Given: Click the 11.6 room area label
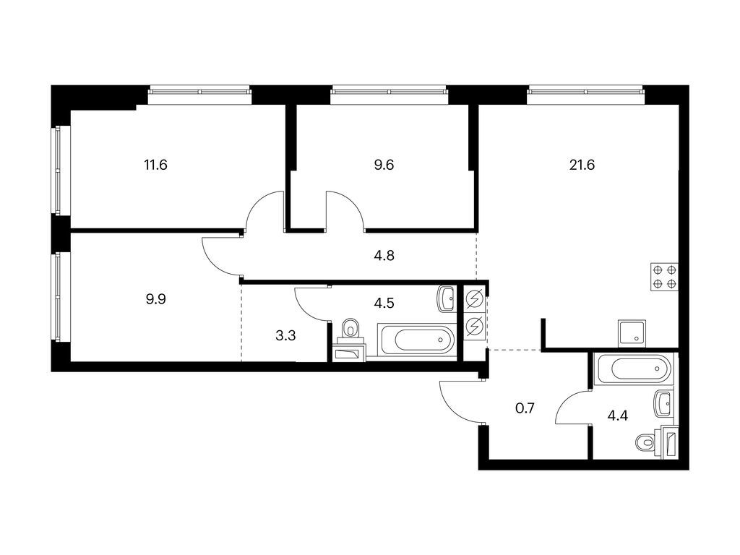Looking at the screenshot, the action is click(x=156, y=165).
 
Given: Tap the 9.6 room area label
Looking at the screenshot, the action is click(x=384, y=165).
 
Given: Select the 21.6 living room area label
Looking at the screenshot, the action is click(x=582, y=165).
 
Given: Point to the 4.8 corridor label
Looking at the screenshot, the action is click(x=384, y=256).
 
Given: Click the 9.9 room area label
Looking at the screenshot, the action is click(x=156, y=299).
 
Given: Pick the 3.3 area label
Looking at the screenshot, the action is click(x=285, y=335).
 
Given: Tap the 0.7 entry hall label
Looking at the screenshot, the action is click(x=525, y=408).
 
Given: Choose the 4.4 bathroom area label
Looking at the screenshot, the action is click(x=617, y=416).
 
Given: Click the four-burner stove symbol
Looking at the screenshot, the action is click(x=665, y=277).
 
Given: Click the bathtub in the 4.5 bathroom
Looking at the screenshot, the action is click(x=417, y=340).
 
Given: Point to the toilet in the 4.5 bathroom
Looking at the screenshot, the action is click(x=350, y=329).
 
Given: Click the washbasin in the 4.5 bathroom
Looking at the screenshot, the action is click(x=447, y=298).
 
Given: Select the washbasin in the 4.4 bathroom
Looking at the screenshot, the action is click(x=664, y=403).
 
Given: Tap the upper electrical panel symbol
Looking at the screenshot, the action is click(x=475, y=299).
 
